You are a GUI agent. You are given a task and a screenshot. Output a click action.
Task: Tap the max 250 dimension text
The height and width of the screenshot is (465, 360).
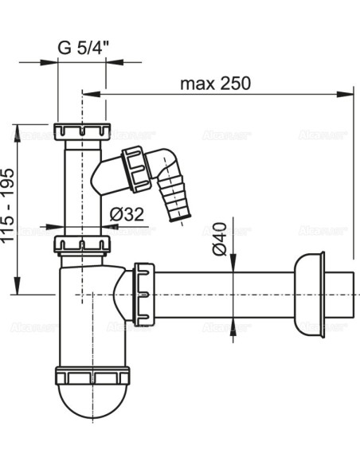pyautogui.click(x=215, y=83)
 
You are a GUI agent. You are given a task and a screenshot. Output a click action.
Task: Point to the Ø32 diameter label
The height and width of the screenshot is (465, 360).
pyautogui.click(x=126, y=213)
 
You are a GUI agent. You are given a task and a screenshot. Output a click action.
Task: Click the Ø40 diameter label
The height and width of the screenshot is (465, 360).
pyautogui.click(x=221, y=236)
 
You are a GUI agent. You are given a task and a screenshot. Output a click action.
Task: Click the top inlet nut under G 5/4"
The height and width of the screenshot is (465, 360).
pyautogui.click(x=82, y=131)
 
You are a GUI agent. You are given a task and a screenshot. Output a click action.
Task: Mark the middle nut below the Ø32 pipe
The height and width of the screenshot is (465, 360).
pyautogui.click(x=82, y=242)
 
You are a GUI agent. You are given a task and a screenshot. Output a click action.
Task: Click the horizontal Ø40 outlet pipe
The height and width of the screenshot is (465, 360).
pyautogui.click(x=223, y=294)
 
